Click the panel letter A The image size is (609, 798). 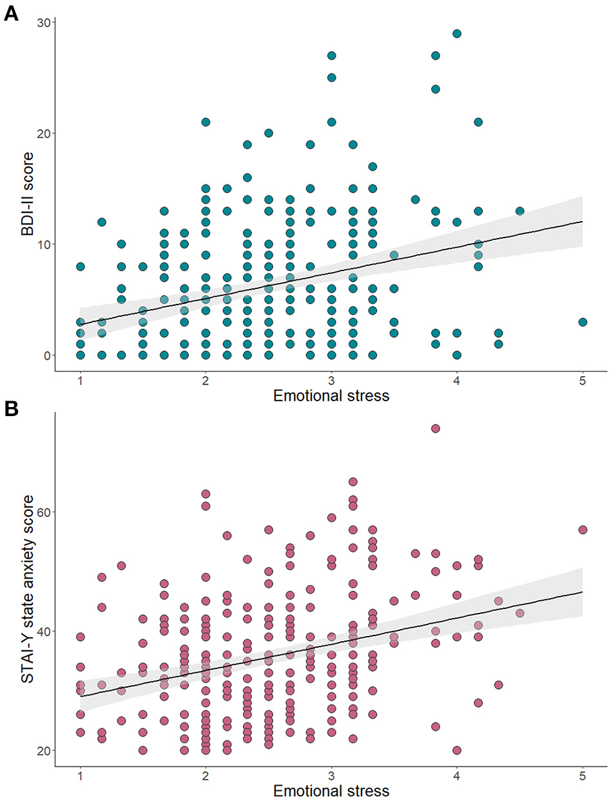click(x=11, y=14)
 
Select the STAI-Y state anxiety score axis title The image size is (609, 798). click(x=29, y=591)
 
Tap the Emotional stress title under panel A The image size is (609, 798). click(x=331, y=395)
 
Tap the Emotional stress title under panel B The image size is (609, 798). click(x=331, y=790)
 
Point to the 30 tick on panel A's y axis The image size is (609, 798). click(x=43, y=22)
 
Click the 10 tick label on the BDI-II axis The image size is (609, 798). click(x=43, y=244)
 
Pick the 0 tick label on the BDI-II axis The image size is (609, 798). click(x=46, y=355)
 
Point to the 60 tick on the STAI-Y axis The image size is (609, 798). click(x=43, y=512)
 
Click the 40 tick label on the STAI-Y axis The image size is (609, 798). click(x=43, y=631)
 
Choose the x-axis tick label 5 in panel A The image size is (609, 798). click(x=583, y=380)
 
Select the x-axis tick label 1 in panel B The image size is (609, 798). click(x=80, y=775)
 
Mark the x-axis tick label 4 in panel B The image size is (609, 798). click(x=457, y=775)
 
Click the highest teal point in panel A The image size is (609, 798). click(x=457, y=34)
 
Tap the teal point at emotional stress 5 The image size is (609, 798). click(x=583, y=322)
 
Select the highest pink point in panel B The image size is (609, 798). click(x=436, y=428)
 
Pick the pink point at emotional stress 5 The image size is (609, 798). click(x=583, y=530)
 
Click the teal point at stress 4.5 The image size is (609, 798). click(x=520, y=211)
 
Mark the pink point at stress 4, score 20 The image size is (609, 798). click(x=457, y=750)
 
